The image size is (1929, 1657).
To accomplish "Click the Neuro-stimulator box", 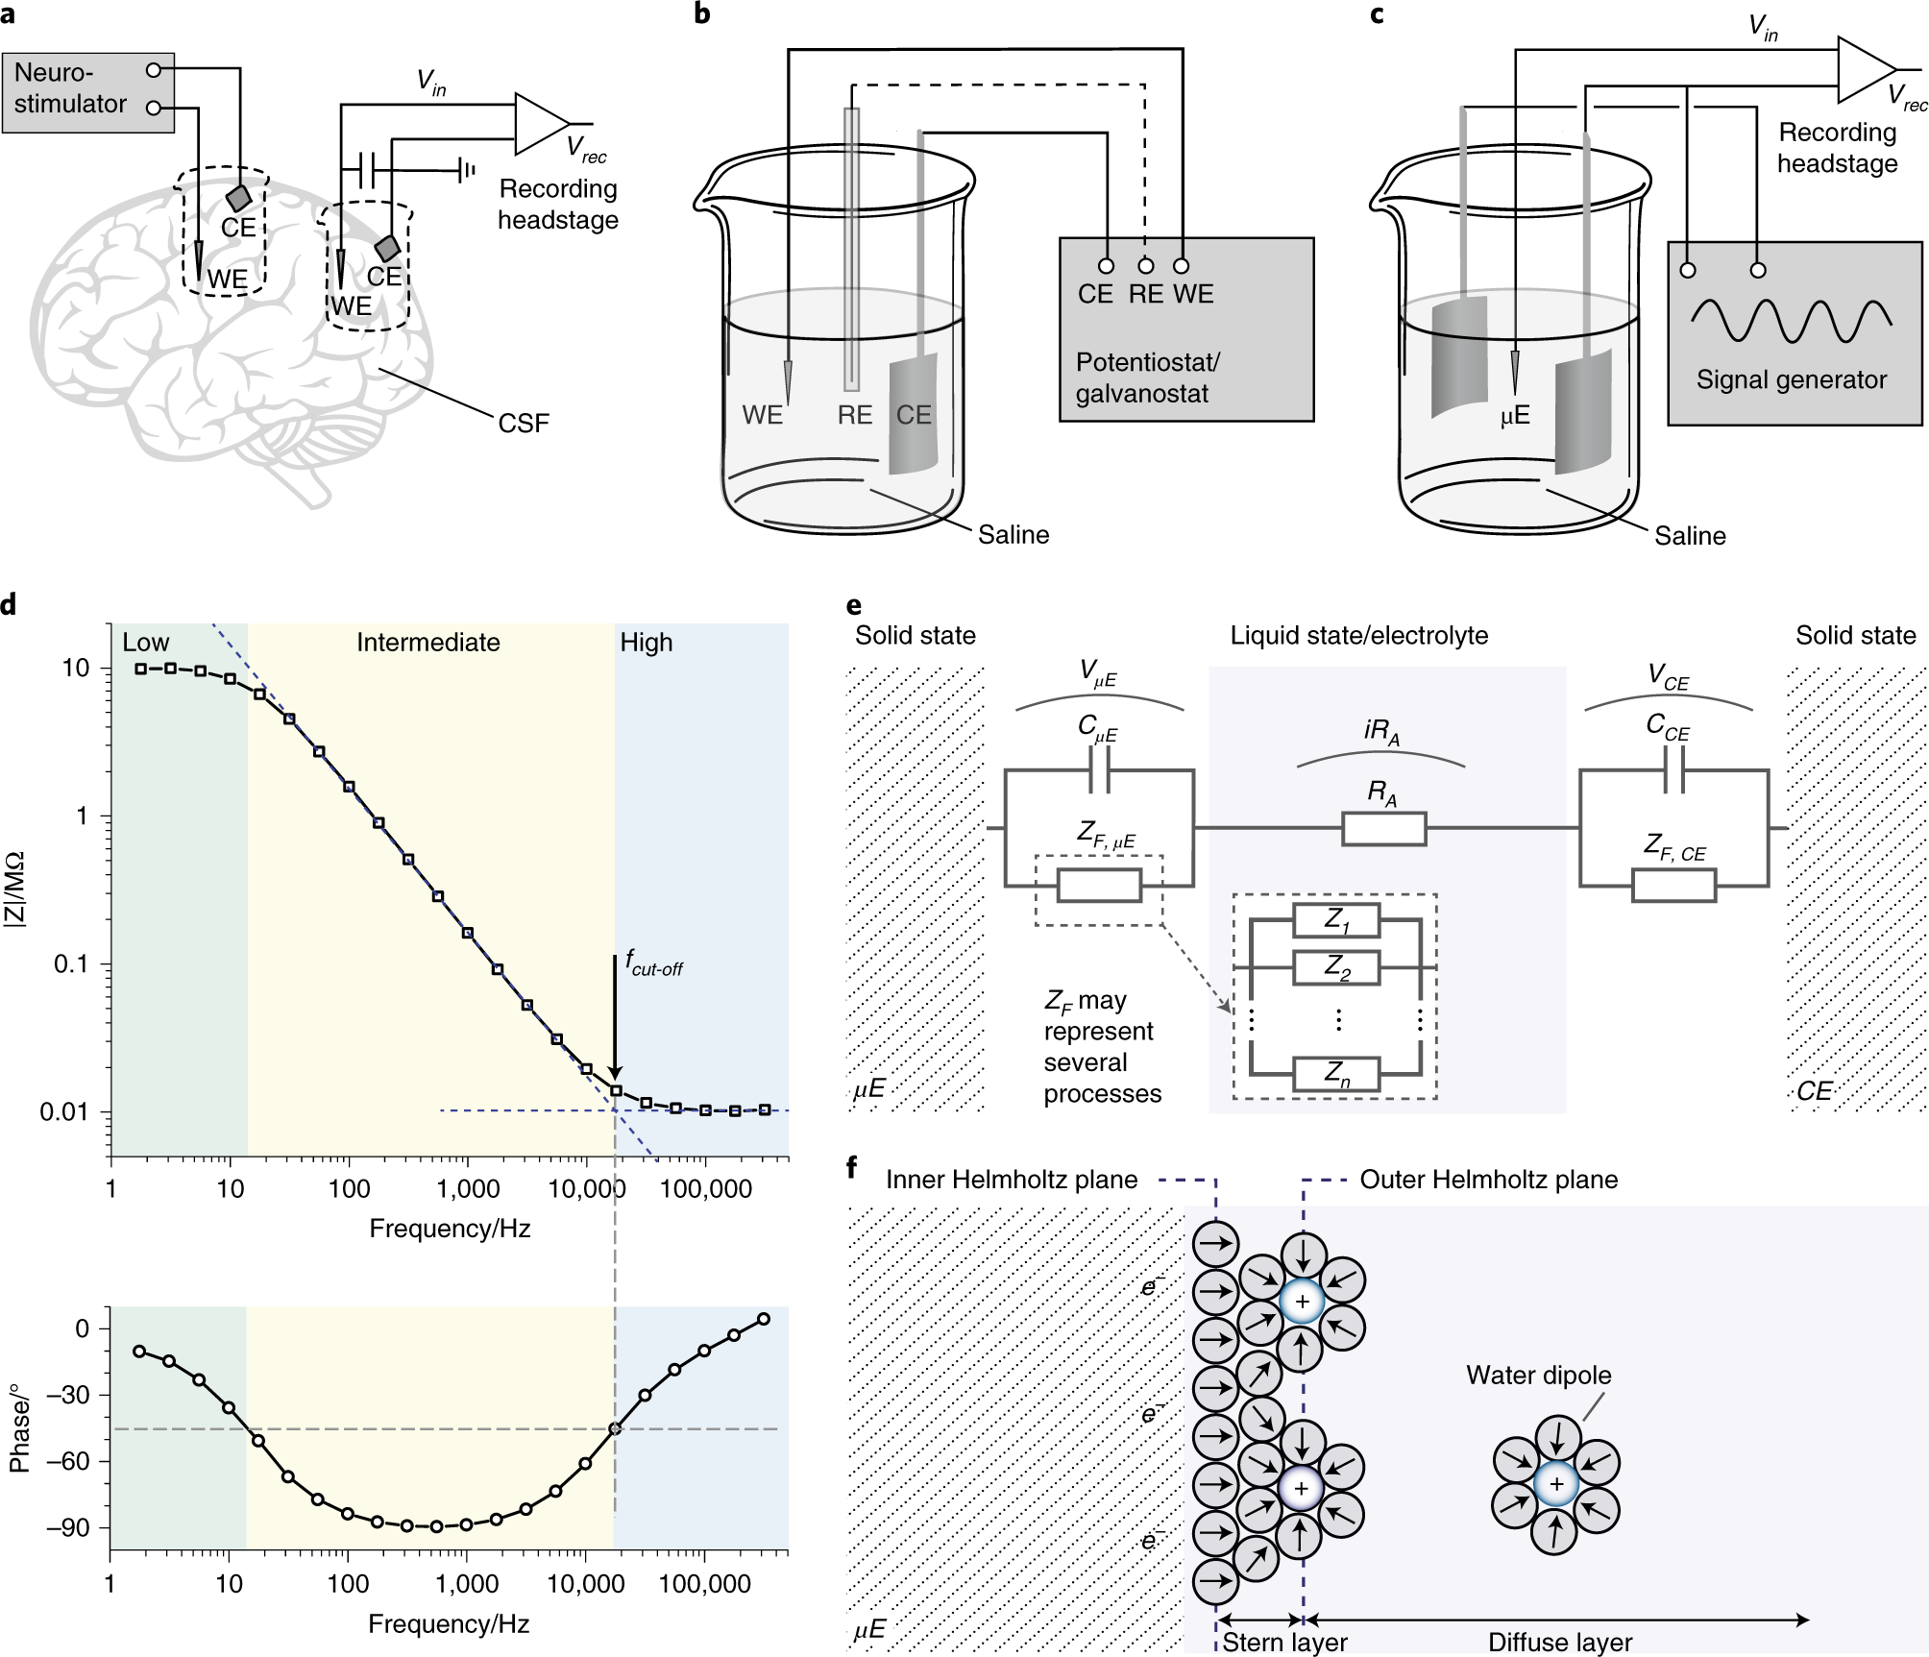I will click(86, 92).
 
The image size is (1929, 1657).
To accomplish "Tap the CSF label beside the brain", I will click(524, 423).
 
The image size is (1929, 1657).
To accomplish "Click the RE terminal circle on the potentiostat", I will click(1145, 266).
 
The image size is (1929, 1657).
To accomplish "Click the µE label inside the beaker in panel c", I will click(1514, 416).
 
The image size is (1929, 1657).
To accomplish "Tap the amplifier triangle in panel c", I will click(1863, 69).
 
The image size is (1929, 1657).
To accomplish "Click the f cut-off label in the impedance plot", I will click(653, 962).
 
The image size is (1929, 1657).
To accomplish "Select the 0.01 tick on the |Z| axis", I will click(63, 1112).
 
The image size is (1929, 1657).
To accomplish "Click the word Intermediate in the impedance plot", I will click(427, 643).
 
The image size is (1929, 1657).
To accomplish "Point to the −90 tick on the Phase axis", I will click(68, 1527).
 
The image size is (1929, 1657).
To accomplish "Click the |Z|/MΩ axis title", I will click(15, 889).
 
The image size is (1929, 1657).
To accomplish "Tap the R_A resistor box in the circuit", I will click(1383, 828).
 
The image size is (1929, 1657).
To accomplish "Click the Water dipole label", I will click(1538, 1375).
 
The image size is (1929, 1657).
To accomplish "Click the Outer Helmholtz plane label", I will click(1488, 1180).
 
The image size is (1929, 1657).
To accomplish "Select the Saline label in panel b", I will click(1013, 535).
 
